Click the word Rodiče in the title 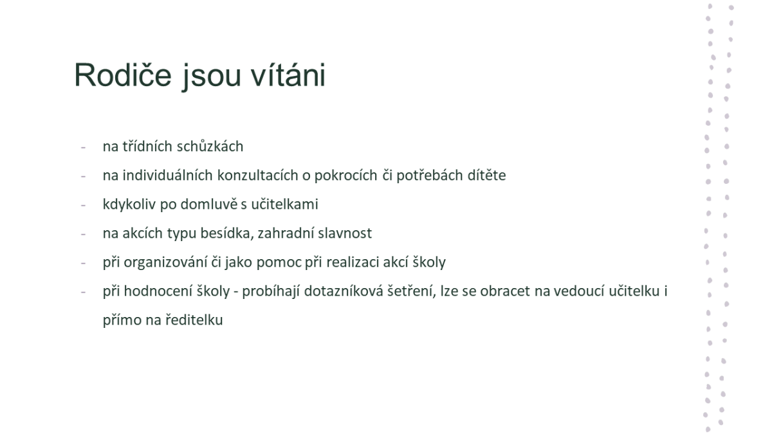[123, 75]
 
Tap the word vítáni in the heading [288, 75]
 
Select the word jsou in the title [211, 77]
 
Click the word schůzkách [210, 147]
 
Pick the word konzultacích [257, 176]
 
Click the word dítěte [486, 176]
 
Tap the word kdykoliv [129, 205]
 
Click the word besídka [227, 233]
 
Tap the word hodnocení [158, 291]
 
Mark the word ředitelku [194, 320]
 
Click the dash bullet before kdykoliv [83, 205]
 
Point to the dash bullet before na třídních [83, 147]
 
